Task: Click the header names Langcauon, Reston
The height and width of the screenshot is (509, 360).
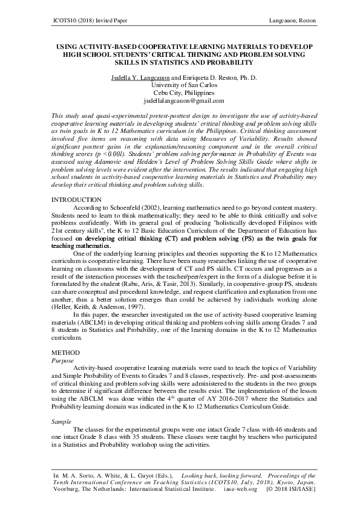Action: click(x=292, y=21)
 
